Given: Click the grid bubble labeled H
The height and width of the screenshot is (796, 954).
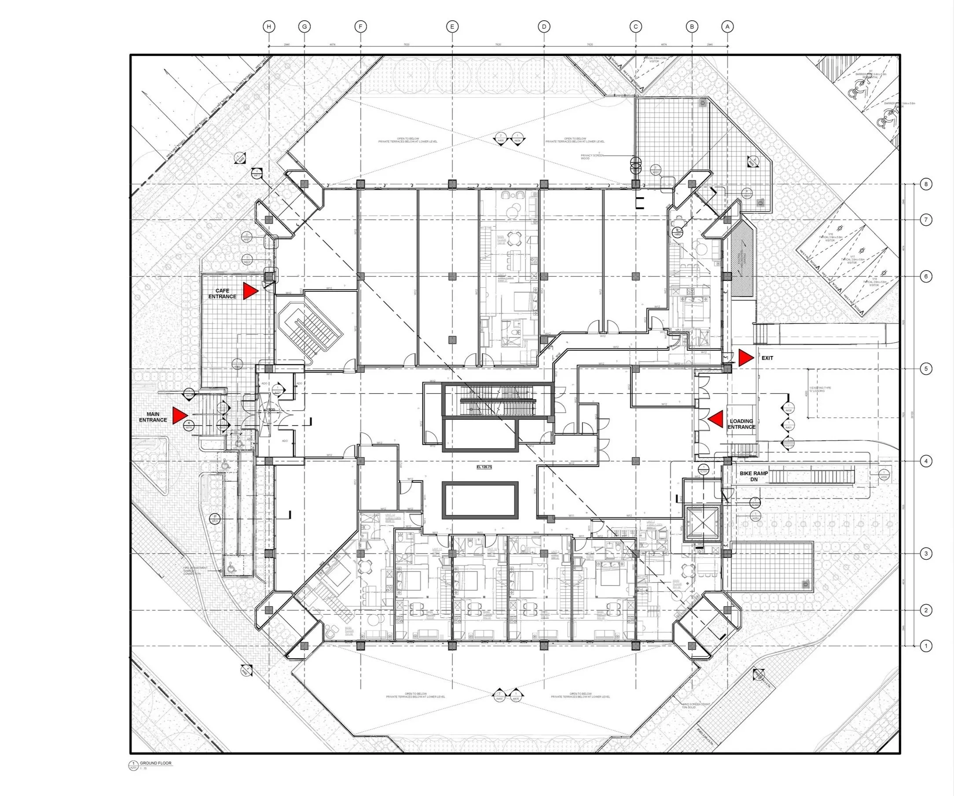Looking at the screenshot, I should tap(269, 27).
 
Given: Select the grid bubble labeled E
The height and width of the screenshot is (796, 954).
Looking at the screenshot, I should tap(452, 27).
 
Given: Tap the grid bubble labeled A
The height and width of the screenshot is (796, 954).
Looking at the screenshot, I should tap(727, 27).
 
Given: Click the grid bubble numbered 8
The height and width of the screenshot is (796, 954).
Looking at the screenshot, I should tap(926, 184).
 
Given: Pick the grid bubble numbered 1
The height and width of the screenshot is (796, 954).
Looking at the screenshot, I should tap(926, 646).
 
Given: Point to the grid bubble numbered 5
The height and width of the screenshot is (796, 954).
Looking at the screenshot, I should tap(926, 369).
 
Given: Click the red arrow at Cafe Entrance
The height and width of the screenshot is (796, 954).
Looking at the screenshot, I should tap(250, 291).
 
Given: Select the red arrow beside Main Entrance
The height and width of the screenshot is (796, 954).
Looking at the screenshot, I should tap(180, 416).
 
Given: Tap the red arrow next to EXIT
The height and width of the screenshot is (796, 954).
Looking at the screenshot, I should tap(745, 358).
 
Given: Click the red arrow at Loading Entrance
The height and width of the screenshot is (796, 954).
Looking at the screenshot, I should tap(716, 419).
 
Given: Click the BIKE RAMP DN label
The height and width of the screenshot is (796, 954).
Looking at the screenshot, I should tap(754, 476).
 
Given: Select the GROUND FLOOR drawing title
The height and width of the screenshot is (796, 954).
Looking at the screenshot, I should tap(155, 763).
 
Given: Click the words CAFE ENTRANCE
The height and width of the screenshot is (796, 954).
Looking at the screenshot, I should tap(222, 293).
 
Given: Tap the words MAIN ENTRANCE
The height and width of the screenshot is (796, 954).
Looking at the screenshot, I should tap(153, 417).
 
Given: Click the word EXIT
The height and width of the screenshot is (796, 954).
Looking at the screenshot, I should tap(767, 358).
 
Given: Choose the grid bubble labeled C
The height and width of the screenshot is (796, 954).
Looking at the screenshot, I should tap(635, 27).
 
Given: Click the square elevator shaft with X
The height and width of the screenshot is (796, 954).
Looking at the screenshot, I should tap(702, 523).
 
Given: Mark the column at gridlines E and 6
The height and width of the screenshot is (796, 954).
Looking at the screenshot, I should tap(452, 276).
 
